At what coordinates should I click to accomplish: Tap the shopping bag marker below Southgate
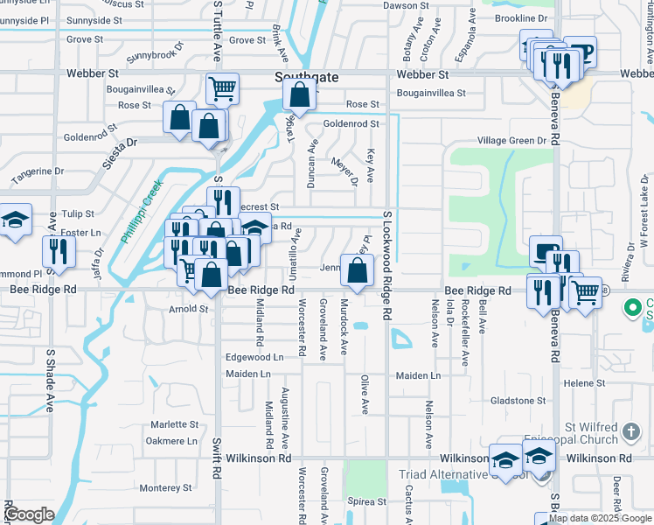pyautogui.click(x=299, y=96)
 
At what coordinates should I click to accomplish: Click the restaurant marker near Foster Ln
pyautogui.click(x=59, y=251)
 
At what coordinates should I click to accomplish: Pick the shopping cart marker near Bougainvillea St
pyautogui.click(x=223, y=87)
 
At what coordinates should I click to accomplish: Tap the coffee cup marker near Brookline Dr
pyautogui.click(x=580, y=51)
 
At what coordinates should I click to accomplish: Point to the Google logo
pyautogui.click(x=29, y=514)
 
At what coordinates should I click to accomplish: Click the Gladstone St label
pyautogui.click(x=518, y=401)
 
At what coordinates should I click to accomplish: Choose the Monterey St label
pyautogui.click(x=164, y=487)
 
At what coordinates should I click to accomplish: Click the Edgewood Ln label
pyautogui.click(x=254, y=357)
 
